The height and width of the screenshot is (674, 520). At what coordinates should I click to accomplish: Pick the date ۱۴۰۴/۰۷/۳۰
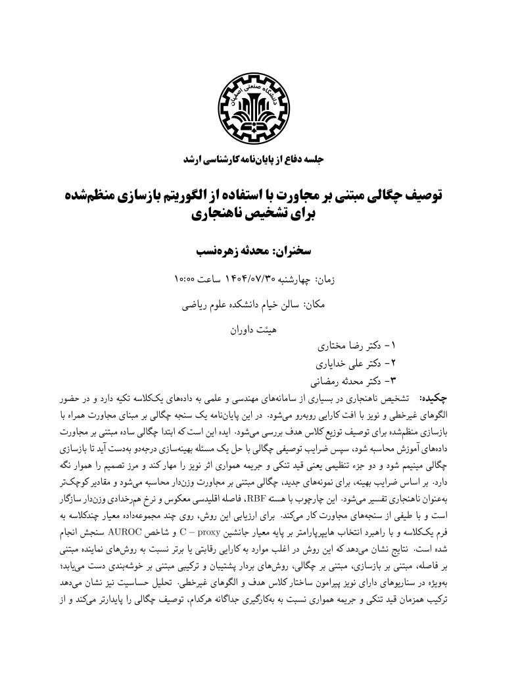[x=245, y=278]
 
